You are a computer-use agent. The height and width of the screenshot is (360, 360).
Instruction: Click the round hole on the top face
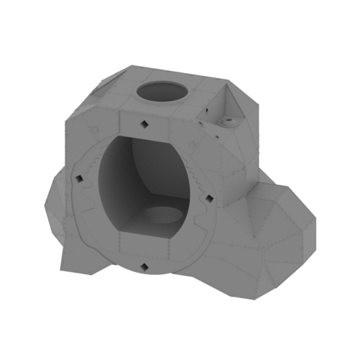162,92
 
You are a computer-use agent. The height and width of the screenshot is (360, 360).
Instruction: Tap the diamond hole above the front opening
143,124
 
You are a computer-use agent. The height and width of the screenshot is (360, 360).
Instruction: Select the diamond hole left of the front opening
79,178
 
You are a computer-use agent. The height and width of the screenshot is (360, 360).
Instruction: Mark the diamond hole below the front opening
144,266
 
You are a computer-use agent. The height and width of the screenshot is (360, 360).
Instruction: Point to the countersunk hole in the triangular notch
226,122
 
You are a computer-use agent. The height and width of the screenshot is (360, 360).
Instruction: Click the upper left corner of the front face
68,120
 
